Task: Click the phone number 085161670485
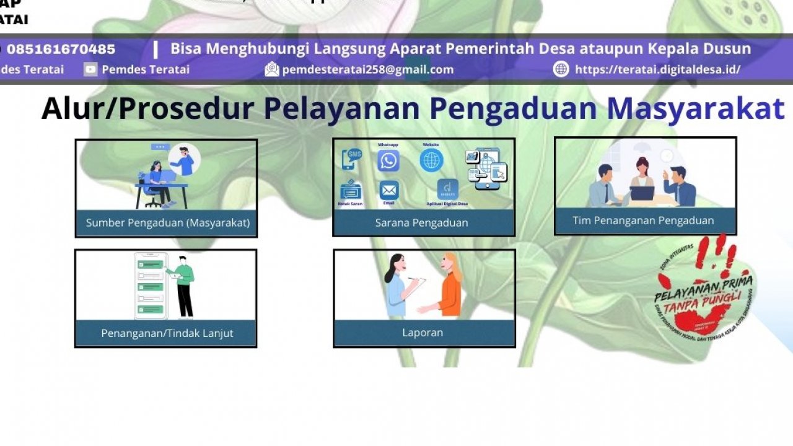pyautogui.click(x=61, y=49)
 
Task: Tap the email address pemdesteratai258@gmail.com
pyautogui.click(x=368, y=69)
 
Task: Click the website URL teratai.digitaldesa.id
pyautogui.click(x=657, y=69)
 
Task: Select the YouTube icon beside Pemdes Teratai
pyautogui.click(x=90, y=69)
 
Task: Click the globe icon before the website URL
pyautogui.click(x=561, y=69)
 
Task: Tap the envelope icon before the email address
pyautogui.click(x=272, y=69)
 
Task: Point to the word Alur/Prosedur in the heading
pyautogui.click(x=147, y=108)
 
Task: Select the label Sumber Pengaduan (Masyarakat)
pyautogui.click(x=168, y=222)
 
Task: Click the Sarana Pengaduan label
pyautogui.click(x=421, y=222)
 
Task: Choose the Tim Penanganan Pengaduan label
pyautogui.click(x=643, y=220)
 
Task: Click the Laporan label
pyautogui.click(x=423, y=333)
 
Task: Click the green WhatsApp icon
pyautogui.click(x=388, y=161)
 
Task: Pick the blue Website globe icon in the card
pyautogui.click(x=431, y=160)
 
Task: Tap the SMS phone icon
pyautogui.click(x=352, y=158)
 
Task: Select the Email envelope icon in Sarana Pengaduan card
pyautogui.click(x=389, y=190)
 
